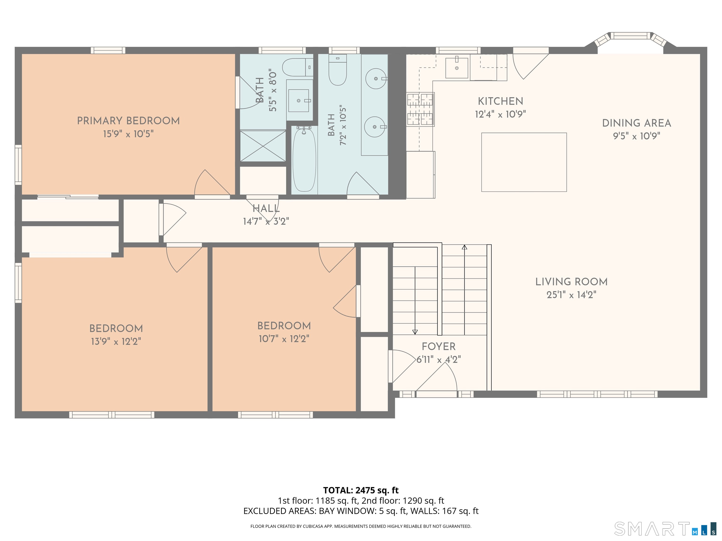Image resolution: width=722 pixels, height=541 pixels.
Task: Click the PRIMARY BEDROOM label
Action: [x=128, y=121]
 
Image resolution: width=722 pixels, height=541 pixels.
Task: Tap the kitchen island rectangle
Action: [x=524, y=162]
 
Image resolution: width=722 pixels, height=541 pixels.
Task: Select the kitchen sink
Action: [x=457, y=67]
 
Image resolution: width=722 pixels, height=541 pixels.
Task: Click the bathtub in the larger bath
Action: [x=304, y=160]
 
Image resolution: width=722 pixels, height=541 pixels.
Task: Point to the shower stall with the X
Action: [x=263, y=146]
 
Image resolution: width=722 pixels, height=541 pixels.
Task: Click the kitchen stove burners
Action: [x=420, y=109]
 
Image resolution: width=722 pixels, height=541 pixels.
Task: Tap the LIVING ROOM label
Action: [x=571, y=282]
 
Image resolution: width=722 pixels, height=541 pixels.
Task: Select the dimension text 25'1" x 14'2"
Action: [x=571, y=295]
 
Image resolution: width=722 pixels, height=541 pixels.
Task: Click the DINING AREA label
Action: [x=636, y=123]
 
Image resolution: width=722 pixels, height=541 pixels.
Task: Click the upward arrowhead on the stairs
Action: [x=464, y=247]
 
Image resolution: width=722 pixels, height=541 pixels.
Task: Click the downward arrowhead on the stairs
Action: [x=415, y=332]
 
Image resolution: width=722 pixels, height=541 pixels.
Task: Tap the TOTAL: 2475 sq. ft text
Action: [x=361, y=490]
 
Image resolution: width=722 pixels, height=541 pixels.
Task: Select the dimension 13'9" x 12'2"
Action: [x=116, y=341]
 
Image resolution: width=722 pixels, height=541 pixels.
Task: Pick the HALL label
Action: [x=266, y=208]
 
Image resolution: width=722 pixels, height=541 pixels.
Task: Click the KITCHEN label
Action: [x=500, y=101]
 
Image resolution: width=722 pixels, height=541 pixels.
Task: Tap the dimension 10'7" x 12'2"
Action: [x=284, y=339]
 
